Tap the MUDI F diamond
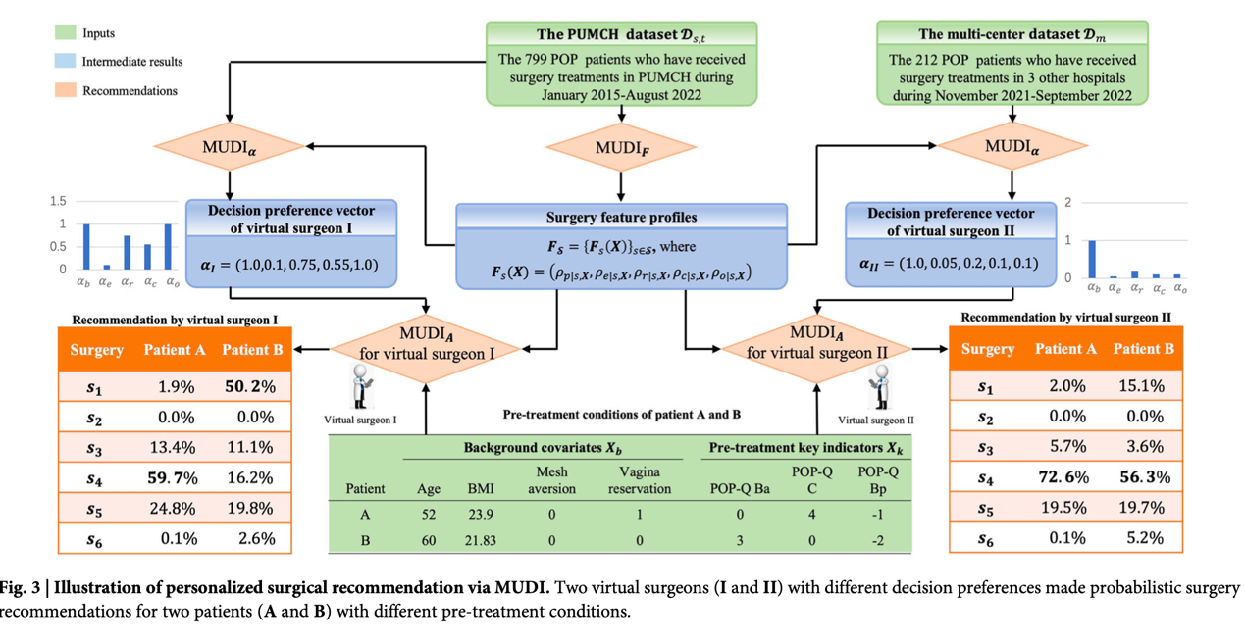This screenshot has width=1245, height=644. tap(620, 148)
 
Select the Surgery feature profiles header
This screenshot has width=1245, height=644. tap(621, 217)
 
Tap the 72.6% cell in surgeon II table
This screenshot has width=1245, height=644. tap(1065, 477)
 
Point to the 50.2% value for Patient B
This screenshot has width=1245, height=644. tap(248, 387)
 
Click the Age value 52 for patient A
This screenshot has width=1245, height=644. tap(428, 515)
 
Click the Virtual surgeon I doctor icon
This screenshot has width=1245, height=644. tap(359, 385)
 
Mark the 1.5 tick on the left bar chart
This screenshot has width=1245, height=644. tap(58, 202)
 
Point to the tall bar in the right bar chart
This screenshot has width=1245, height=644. tap(1094, 259)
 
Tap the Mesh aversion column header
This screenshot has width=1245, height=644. tap(551, 479)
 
